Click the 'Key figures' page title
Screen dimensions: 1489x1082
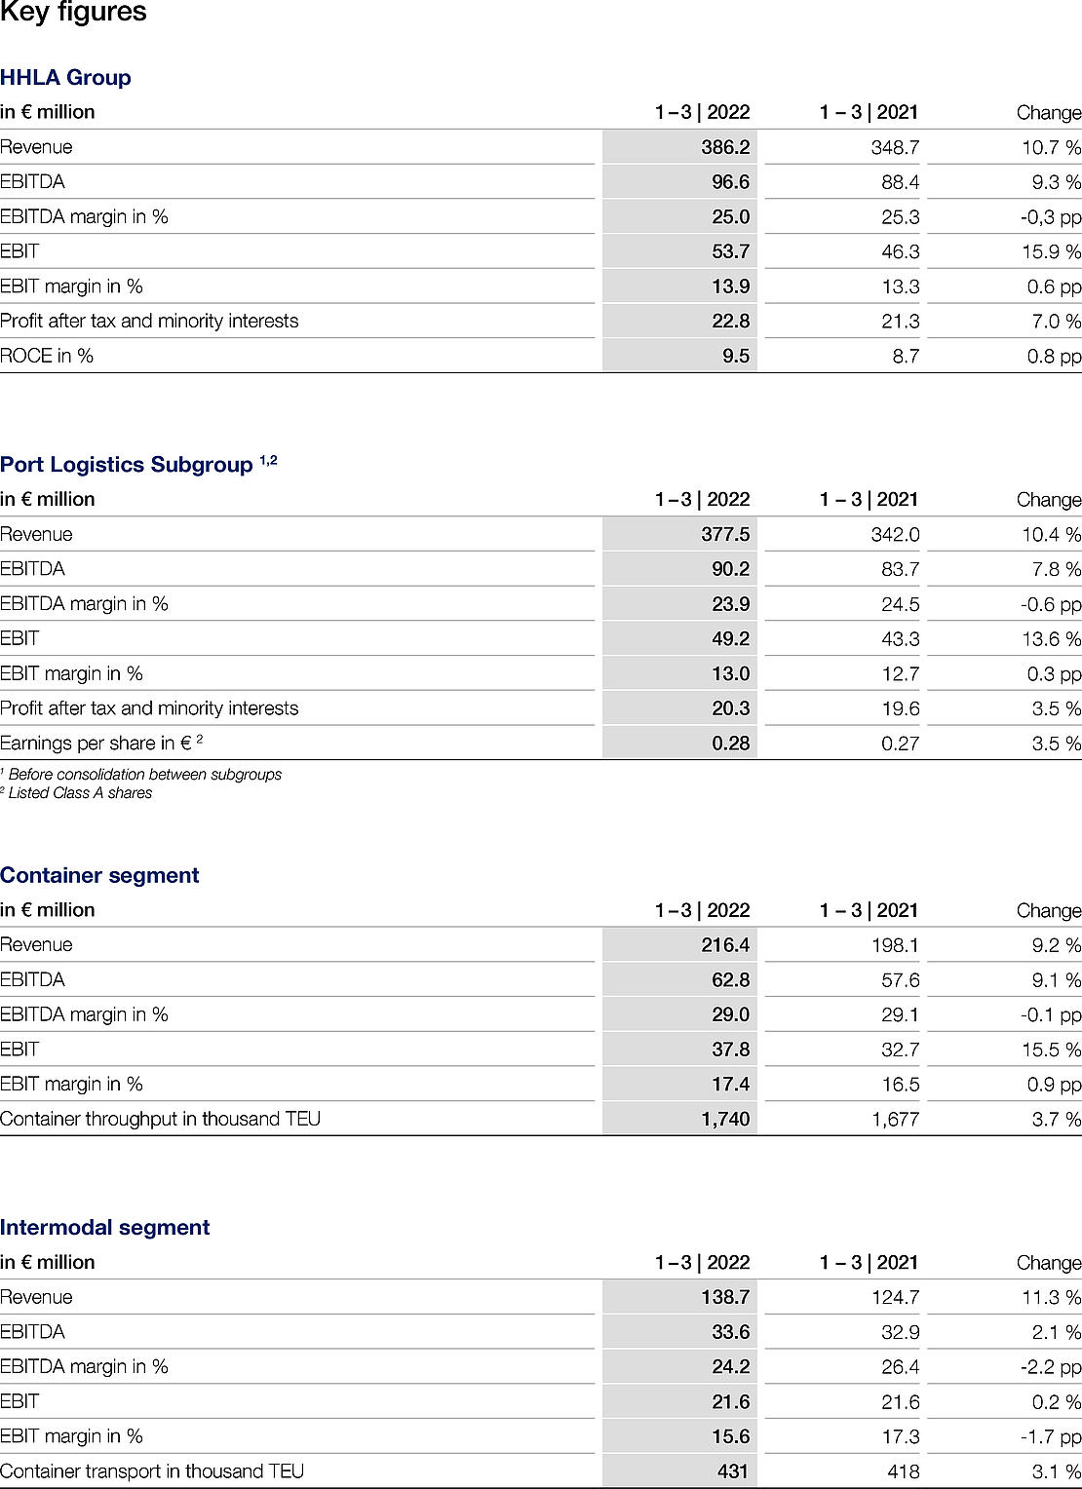tap(73, 13)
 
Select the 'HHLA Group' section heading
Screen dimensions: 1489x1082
tap(65, 78)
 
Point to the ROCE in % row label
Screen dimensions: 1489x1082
tap(47, 356)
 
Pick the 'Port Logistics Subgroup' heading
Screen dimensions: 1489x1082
tap(127, 465)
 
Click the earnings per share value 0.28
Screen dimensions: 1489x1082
tap(730, 743)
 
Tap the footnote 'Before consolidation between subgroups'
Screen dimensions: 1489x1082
tap(144, 775)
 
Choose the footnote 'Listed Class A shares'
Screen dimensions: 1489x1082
tap(80, 793)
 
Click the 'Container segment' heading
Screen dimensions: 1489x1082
tap(99, 875)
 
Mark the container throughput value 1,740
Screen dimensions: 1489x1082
tap(725, 1119)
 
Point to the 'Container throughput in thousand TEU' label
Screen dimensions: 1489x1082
tap(160, 1119)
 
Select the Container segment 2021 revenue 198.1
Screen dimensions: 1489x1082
tap(895, 945)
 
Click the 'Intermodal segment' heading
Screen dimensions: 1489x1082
tap(105, 1228)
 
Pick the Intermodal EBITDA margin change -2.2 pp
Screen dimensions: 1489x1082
tap(1051, 1367)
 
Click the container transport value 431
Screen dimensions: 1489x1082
tap(732, 1471)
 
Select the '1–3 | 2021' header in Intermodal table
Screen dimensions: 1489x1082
tap(869, 1263)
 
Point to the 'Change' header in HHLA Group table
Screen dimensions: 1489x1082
tap(1049, 113)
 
